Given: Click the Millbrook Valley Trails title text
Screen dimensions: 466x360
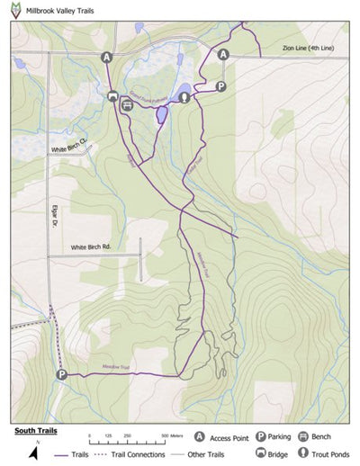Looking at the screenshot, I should pyautogui.click(x=59, y=11).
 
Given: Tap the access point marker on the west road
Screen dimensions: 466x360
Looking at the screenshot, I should pyautogui.click(x=107, y=57).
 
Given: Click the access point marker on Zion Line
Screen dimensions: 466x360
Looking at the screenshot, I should pyautogui.click(x=223, y=55).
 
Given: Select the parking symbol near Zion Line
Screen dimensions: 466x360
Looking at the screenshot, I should pyautogui.click(x=220, y=86).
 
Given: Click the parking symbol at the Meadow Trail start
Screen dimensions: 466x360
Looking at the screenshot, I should pyautogui.click(x=61, y=374).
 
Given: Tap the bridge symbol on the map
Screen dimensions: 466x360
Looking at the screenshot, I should pyautogui.click(x=112, y=95).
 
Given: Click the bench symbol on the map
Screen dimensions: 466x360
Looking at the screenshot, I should pyautogui.click(x=128, y=104).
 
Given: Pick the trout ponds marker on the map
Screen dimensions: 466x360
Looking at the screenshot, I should pyautogui.click(x=184, y=97).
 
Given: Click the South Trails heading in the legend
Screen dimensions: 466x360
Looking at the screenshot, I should pyautogui.click(x=35, y=430).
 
